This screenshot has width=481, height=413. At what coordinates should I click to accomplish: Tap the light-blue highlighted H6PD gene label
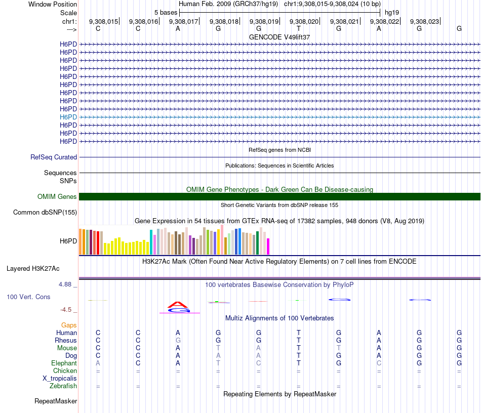pyautogui.click(x=68, y=117)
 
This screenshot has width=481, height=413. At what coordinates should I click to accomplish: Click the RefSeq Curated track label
pyautogui.click(x=54, y=157)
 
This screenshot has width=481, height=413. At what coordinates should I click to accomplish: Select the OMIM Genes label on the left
pyautogui.click(x=57, y=197)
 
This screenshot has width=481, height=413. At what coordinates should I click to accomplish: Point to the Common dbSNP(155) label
pyautogui.click(x=45, y=213)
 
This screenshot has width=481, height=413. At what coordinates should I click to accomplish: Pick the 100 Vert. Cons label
pyautogui.click(x=28, y=297)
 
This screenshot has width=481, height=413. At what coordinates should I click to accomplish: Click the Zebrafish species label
pyautogui.click(x=63, y=386)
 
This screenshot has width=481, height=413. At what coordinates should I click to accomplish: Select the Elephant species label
pyautogui.click(x=64, y=363)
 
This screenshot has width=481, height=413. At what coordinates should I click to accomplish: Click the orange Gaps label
pyautogui.click(x=69, y=325)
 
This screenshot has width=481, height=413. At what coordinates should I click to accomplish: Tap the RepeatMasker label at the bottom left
pyautogui.click(x=56, y=401)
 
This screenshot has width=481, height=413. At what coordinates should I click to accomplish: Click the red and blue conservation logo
pyautogui.click(x=178, y=307)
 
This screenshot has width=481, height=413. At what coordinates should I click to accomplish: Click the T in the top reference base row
pyautogui.click(x=299, y=29)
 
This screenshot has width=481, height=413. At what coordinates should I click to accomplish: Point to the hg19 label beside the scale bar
pyautogui.click(x=392, y=12)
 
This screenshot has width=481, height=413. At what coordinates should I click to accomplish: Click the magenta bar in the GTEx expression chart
pyautogui.click(x=268, y=246)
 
